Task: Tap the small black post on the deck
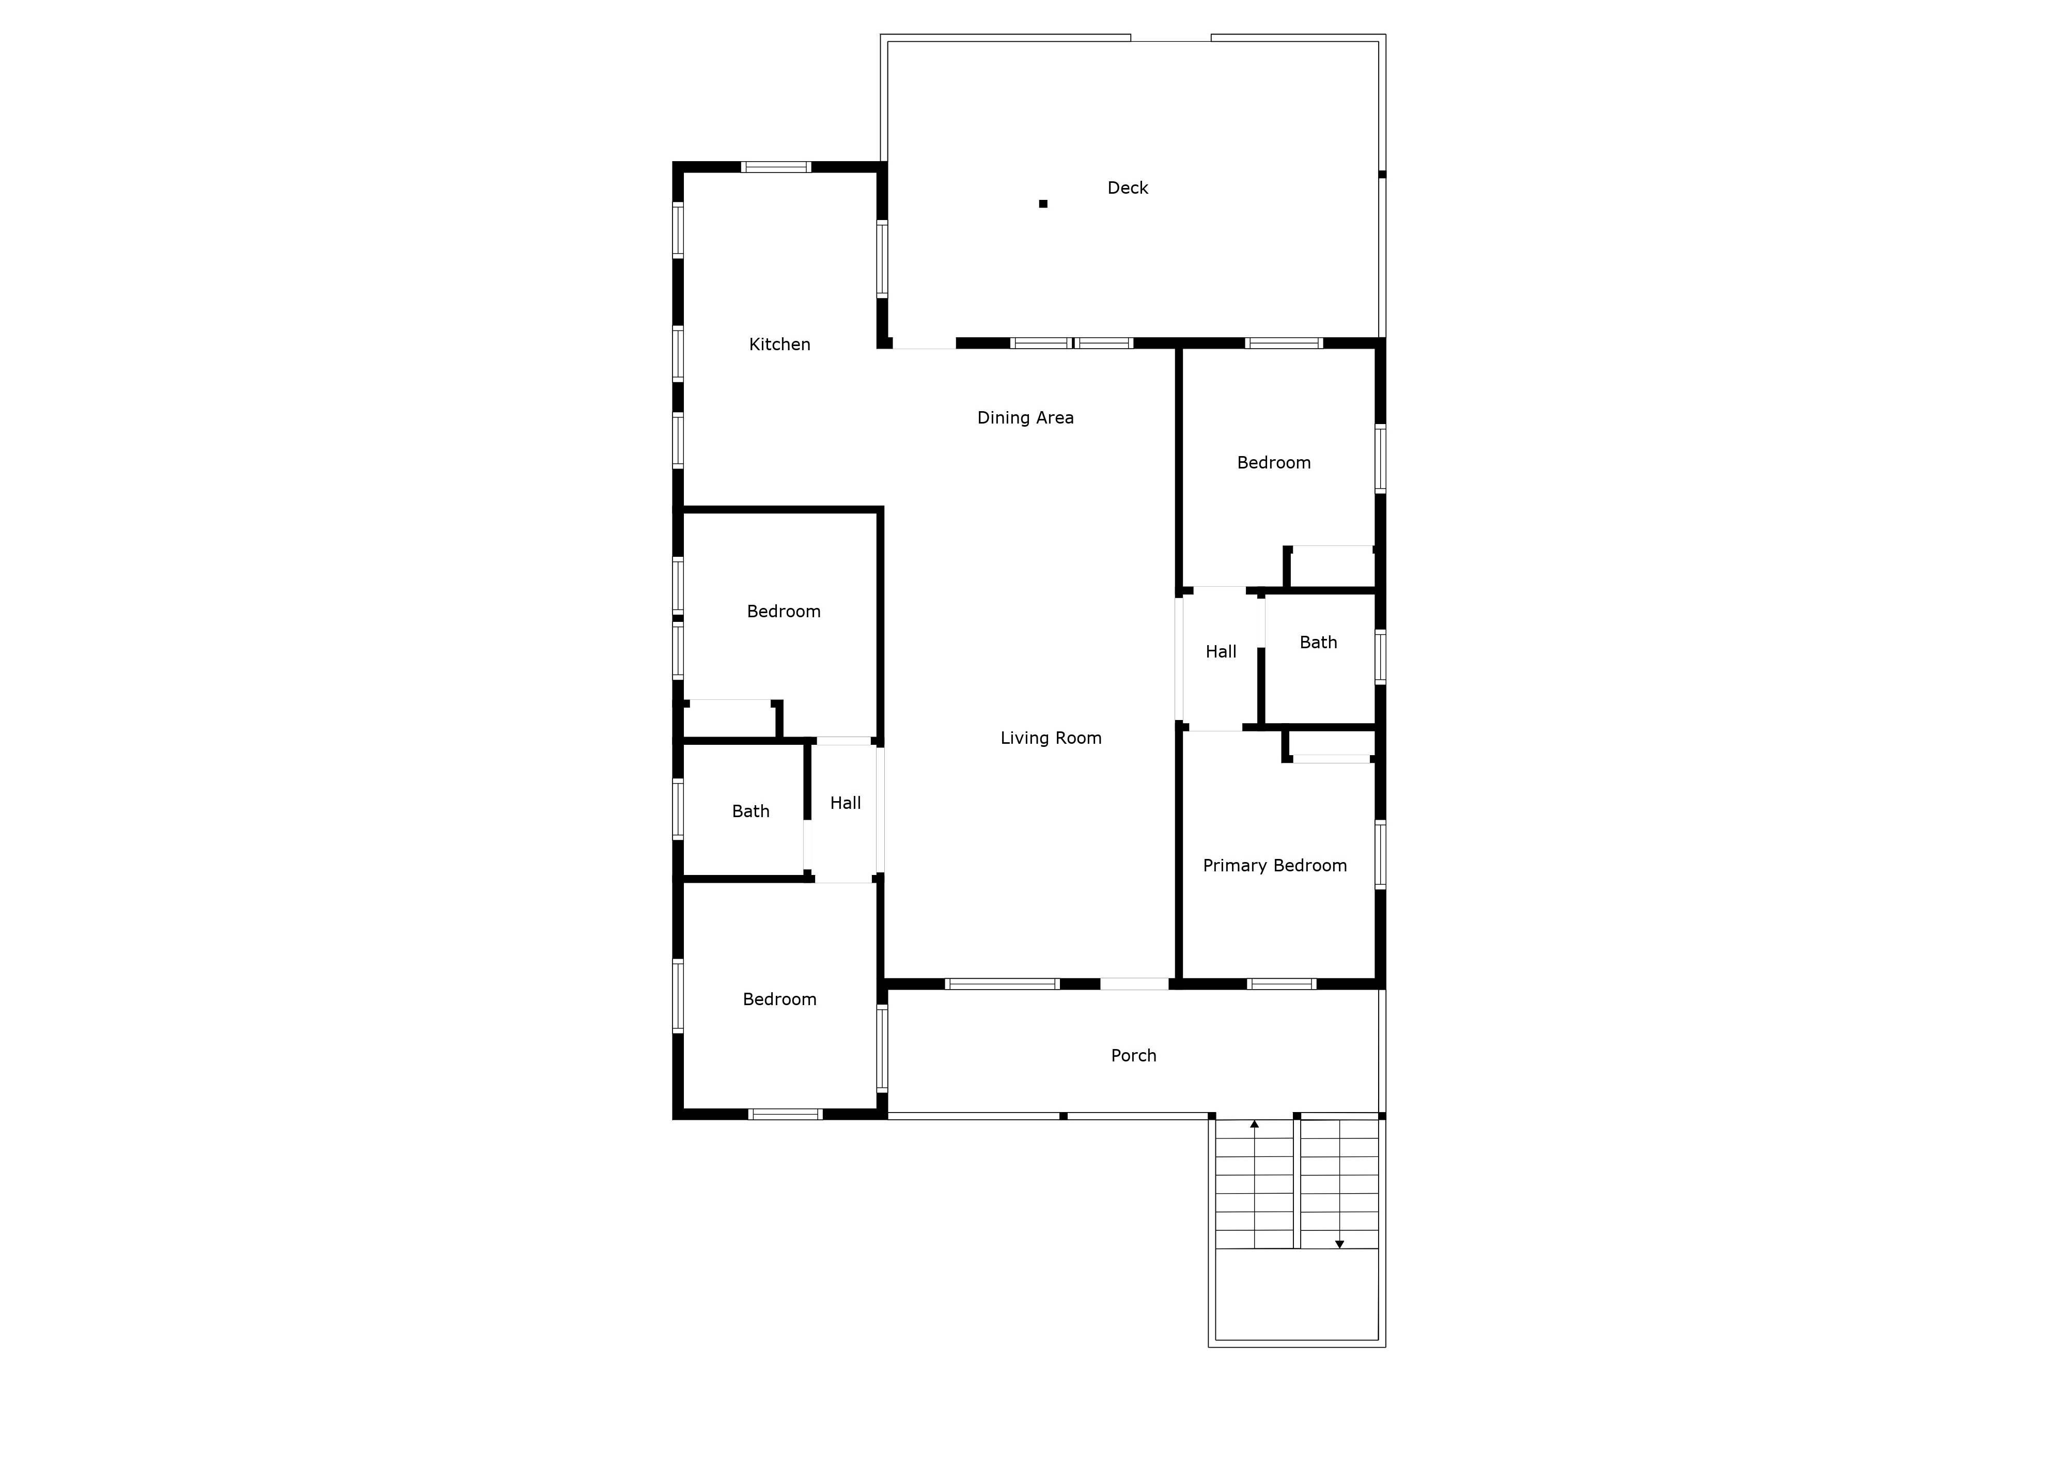(x=1043, y=204)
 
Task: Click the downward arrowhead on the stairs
(x=1340, y=1245)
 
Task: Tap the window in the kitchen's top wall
(x=776, y=166)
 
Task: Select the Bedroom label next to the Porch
(x=779, y=1000)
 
